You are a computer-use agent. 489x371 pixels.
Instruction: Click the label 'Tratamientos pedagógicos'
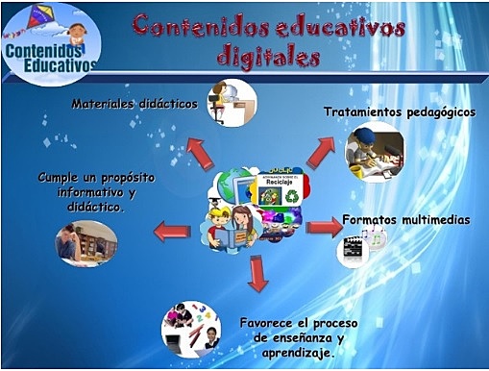coord(399,111)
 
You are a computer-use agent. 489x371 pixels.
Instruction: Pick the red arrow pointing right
coord(323,227)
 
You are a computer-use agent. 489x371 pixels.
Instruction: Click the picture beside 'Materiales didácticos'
coord(232,103)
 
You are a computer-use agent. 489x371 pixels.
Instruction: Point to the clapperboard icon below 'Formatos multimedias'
coord(352,251)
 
